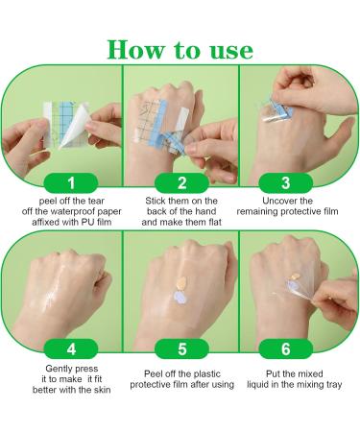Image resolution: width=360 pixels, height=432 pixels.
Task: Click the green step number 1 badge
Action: point(71,183)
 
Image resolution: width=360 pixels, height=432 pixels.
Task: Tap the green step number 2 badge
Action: point(181,183)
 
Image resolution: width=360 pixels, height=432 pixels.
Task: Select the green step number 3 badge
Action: point(286,183)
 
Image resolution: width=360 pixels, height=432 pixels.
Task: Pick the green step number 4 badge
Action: point(71,348)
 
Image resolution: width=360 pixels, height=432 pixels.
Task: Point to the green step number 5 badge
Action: point(181,348)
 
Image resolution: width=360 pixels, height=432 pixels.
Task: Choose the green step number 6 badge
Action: point(286,348)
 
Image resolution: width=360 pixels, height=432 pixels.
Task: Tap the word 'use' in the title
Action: point(231,52)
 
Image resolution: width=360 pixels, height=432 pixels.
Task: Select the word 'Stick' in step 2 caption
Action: point(156,201)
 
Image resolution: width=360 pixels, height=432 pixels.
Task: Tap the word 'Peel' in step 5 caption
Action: point(153,373)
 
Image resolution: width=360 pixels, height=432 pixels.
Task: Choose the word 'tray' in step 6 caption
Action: point(334,385)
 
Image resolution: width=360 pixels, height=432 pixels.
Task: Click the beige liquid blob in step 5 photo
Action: point(181,283)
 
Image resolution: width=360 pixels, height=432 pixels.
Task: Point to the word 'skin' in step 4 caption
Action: point(102,390)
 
